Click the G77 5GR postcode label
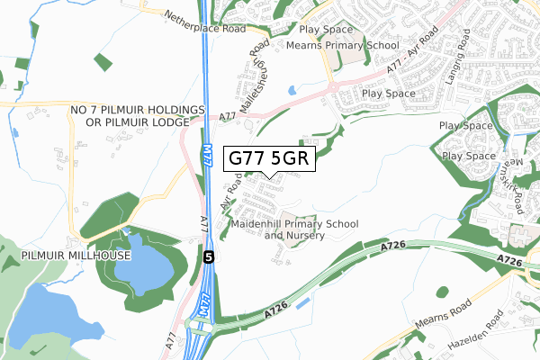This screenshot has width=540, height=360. (269, 157)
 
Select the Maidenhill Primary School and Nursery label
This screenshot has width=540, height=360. (294, 229)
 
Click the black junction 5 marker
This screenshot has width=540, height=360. (209, 256)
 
